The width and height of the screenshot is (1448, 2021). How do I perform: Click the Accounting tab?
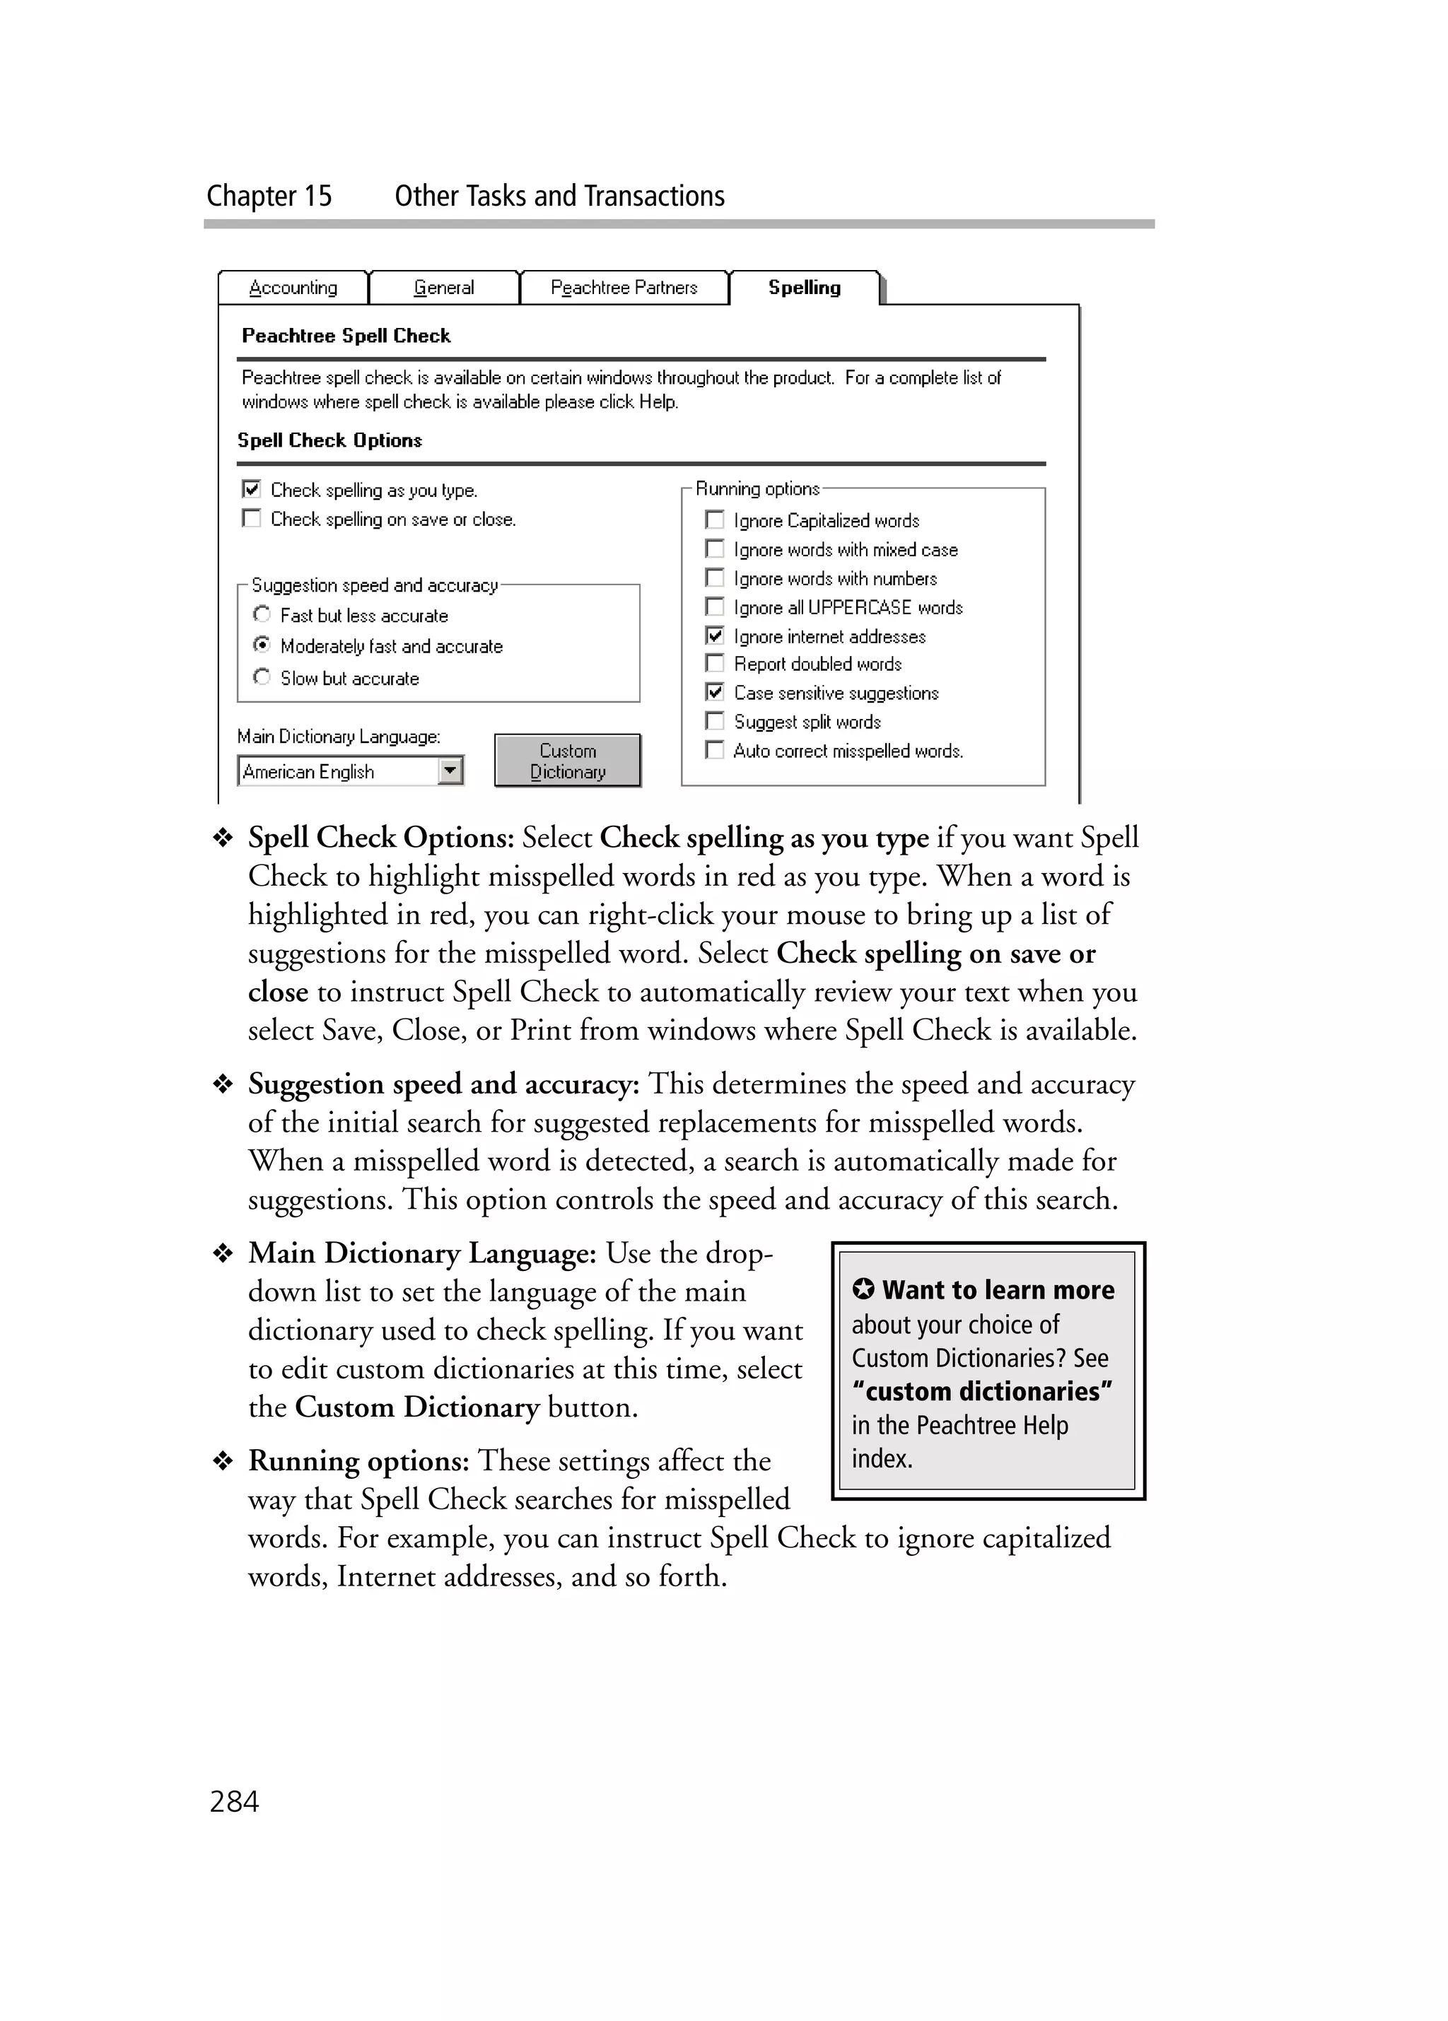click(293, 288)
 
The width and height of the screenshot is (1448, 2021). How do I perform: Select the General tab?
click(444, 288)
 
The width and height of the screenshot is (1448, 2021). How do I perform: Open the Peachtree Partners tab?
click(624, 288)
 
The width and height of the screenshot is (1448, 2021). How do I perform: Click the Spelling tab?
click(804, 288)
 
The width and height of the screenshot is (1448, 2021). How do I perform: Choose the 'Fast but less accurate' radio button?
click(261, 615)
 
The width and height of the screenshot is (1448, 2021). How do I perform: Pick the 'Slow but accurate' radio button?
click(261, 677)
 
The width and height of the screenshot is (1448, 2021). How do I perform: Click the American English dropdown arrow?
click(452, 770)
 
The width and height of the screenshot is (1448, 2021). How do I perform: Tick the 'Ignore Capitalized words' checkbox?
click(715, 520)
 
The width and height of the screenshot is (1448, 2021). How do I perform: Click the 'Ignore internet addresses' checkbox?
click(715, 635)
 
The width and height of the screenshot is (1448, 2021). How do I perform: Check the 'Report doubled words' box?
click(715, 664)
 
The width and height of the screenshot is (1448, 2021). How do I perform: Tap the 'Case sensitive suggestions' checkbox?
click(715, 692)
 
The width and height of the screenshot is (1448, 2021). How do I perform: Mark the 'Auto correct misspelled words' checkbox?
click(715, 750)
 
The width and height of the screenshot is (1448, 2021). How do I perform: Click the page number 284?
click(233, 1802)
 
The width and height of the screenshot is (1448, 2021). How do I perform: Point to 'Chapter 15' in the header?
click(269, 196)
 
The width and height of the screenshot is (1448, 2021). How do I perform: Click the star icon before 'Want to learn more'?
click(863, 1289)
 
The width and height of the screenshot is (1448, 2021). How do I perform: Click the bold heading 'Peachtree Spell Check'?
click(346, 336)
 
